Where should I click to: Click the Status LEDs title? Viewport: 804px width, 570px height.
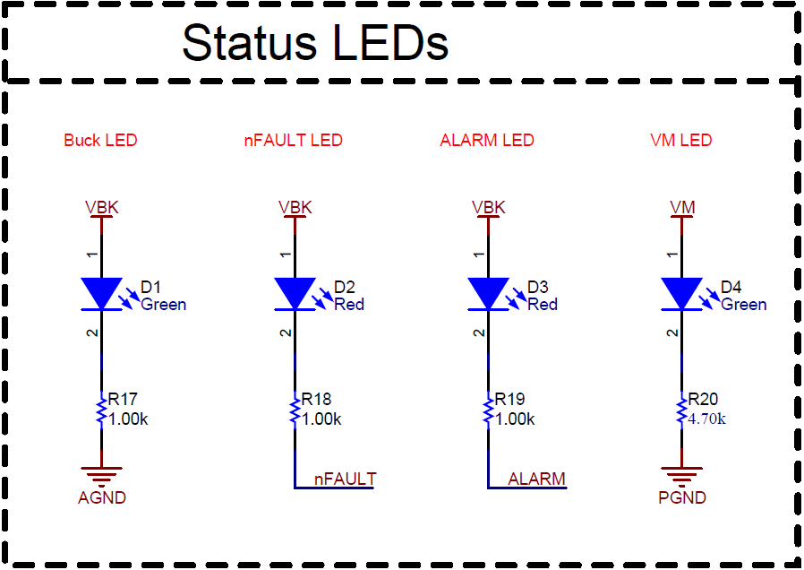tap(315, 42)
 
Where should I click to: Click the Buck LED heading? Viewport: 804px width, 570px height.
tap(100, 141)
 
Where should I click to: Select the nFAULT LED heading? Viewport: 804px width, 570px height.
tap(293, 141)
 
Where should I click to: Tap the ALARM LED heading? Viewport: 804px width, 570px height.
tap(486, 141)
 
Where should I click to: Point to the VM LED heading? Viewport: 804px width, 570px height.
tap(680, 141)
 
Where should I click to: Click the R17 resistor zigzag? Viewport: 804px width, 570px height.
tap(101, 411)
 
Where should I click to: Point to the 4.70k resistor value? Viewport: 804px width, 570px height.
tap(706, 419)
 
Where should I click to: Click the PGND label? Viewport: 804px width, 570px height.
tap(682, 498)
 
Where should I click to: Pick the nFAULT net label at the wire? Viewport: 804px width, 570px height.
tap(345, 479)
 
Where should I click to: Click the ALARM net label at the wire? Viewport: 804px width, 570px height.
tap(536, 479)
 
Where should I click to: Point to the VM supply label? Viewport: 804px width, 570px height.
tap(682, 208)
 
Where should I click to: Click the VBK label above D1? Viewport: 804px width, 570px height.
tap(101, 208)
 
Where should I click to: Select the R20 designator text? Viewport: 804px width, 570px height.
tap(705, 400)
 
